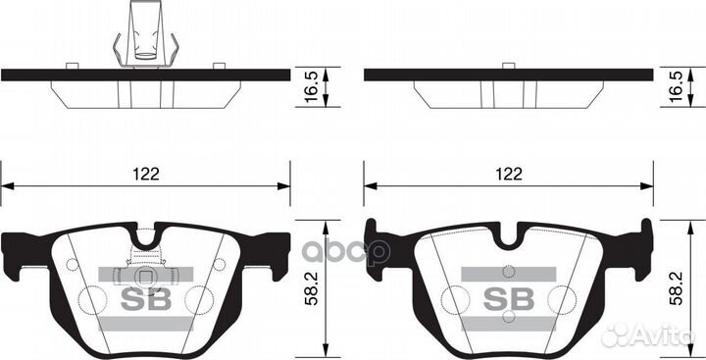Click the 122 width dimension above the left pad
tap(144, 174)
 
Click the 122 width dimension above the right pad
tap(507, 174)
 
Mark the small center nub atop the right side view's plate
tap(507, 65)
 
